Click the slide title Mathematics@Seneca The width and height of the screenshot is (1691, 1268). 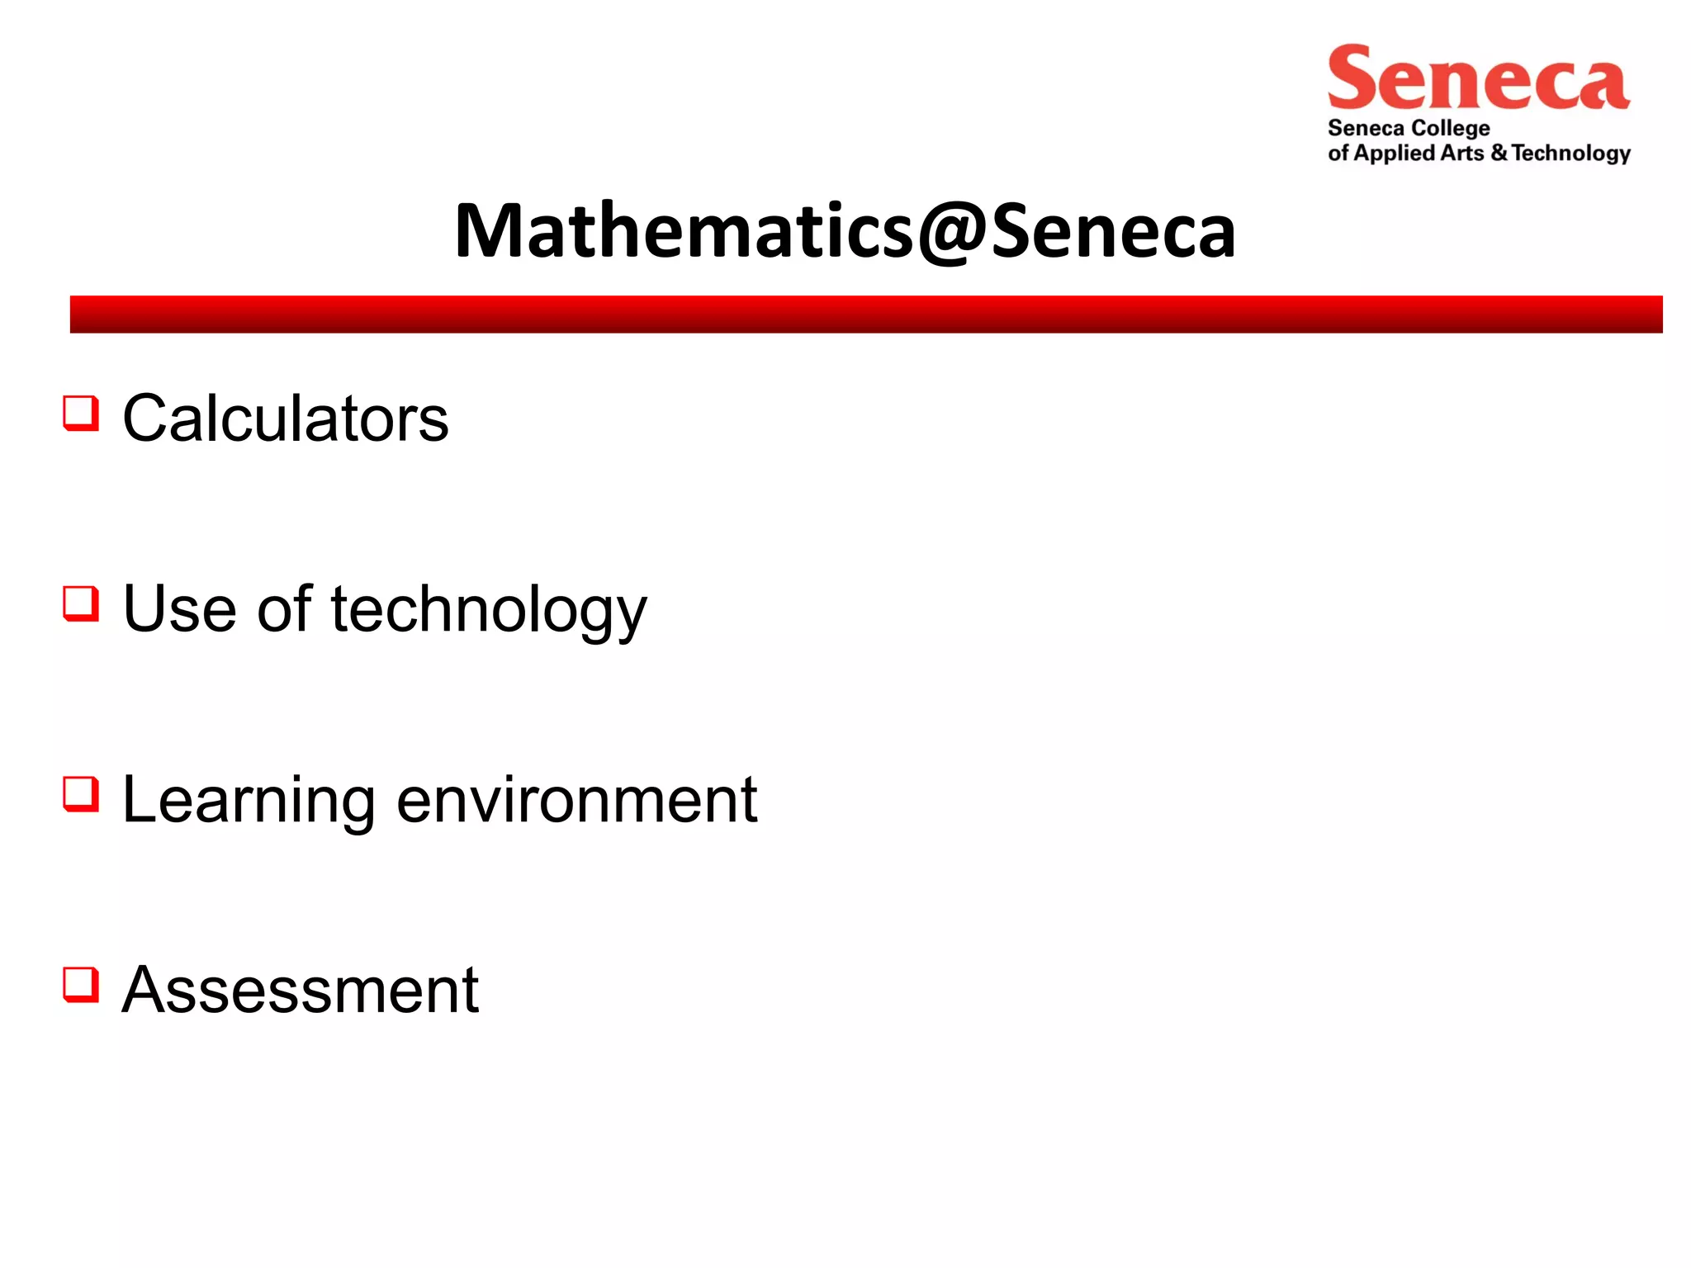coord(845,231)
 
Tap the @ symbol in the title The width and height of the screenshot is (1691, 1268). coord(952,234)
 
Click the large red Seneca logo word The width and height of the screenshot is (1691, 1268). coord(1478,79)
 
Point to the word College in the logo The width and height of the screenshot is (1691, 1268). coord(1450,129)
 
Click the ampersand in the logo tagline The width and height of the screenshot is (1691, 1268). coord(1499,153)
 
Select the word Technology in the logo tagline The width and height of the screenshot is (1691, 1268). coord(1571,154)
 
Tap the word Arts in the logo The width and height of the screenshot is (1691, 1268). coord(1462,153)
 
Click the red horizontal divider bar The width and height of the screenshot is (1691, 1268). coord(865,314)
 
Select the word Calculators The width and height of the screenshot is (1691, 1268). coord(286,419)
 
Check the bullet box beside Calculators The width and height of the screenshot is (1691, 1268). coord(81,413)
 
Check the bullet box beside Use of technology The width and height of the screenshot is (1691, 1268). coord(81,603)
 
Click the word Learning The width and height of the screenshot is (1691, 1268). coord(249,801)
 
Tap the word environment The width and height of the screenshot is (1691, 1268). coord(576,800)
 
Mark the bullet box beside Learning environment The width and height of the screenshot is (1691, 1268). coord(81,794)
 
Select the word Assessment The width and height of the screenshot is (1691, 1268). coord(301,990)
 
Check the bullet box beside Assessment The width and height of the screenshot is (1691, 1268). coord(81,985)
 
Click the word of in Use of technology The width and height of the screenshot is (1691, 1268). coord(285,609)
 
